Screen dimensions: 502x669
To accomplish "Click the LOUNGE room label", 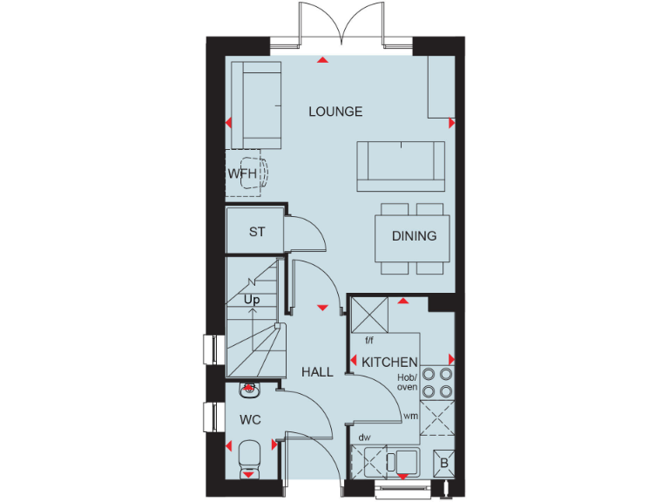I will pyautogui.click(x=335, y=112).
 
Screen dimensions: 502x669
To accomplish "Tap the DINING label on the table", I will pyautogui.click(x=414, y=236).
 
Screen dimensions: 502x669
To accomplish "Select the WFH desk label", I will pyautogui.click(x=242, y=173).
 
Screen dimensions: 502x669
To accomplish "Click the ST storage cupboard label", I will pyautogui.click(x=257, y=232).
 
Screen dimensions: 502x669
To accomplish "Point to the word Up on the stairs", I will pyautogui.click(x=252, y=300).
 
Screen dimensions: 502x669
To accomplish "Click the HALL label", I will pyautogui.click(x=317, y=372).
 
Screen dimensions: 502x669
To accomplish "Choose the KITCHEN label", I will pyautogui.click(x=389, y=362).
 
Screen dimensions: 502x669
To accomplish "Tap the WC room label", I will pyautogui.click(x=250, y=419).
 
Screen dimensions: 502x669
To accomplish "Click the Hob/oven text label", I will pyautogui.click(x=408, y=381).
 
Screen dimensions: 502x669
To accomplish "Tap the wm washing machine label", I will pyautogui.click(x=409, y=417).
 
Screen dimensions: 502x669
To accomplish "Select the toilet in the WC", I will pyautogui.click(x=249, y=458).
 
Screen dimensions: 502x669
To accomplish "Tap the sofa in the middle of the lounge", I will pyautogui.click(x=400, y=165).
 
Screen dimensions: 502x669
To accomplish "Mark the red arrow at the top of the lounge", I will pyautogui.click(x=323, y=60).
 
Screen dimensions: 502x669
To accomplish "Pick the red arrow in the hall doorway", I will pyautogui.click(x=323, y=308).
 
